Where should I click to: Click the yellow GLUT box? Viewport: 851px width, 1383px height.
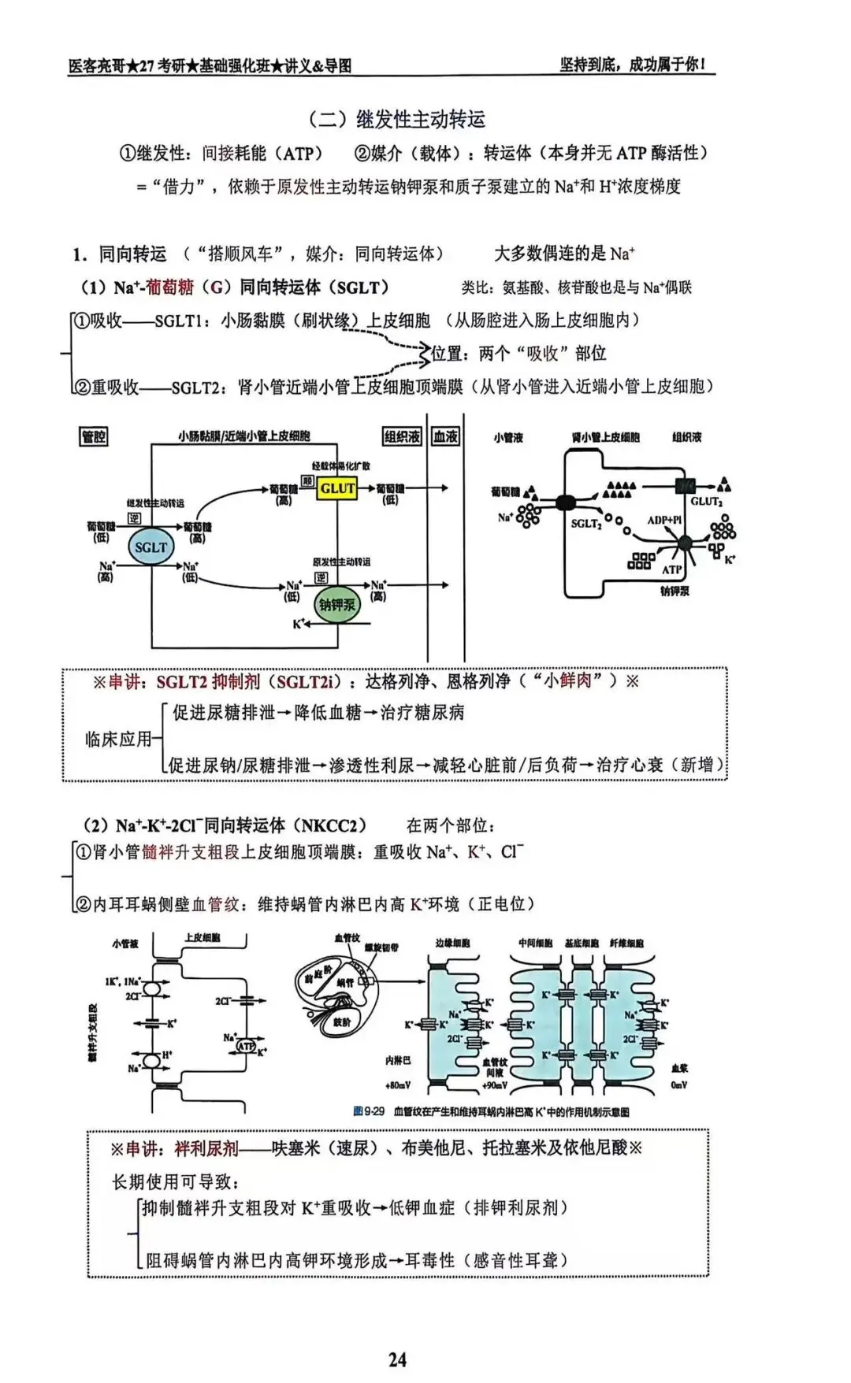coord(337,488)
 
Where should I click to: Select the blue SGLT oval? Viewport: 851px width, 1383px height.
coord(151,547)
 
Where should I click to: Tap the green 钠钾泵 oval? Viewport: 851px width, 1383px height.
coord(336,605)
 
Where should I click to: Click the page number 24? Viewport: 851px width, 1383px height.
coord(397,1359)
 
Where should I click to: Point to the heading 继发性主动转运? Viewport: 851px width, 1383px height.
coord(420,120)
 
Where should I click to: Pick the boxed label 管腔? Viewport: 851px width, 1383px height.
coord(94,436)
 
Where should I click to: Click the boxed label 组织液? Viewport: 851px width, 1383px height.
coord(402,436)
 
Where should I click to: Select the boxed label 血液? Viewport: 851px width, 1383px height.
coord(445,436)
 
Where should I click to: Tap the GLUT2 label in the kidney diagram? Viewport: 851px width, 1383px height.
coord(706,502)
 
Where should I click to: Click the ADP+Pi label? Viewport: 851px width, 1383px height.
coord(664,521)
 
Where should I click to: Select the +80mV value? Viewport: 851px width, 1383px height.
coord(398,1085)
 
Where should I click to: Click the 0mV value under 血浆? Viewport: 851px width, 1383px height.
coord(679,1085)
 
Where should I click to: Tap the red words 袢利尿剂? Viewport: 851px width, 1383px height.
coord(206,1148)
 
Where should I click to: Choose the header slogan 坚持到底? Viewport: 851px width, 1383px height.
coord(589,65)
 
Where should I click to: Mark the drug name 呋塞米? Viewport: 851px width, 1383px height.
coord(295,1148)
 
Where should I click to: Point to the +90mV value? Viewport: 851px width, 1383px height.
coord(494,1085)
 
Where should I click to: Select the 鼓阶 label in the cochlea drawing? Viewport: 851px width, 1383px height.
coord(342,1021)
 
